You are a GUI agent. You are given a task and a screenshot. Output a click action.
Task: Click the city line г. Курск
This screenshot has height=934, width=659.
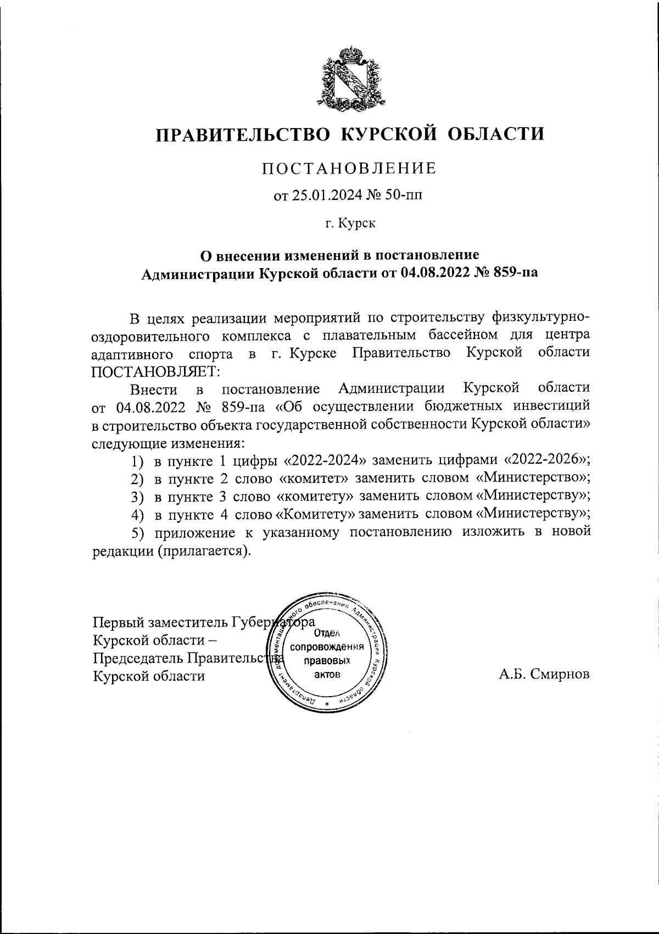[x=350, y=224]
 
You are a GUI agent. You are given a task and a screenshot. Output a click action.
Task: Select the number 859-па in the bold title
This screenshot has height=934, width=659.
[x=507, y=273]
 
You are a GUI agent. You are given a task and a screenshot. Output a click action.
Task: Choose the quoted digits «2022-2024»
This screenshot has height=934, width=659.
[x=328, y=460]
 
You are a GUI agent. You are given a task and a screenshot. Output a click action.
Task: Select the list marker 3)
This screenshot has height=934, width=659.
[x=137, y=497]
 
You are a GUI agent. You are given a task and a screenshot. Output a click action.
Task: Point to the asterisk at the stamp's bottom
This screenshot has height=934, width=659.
[x=327, y=705]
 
